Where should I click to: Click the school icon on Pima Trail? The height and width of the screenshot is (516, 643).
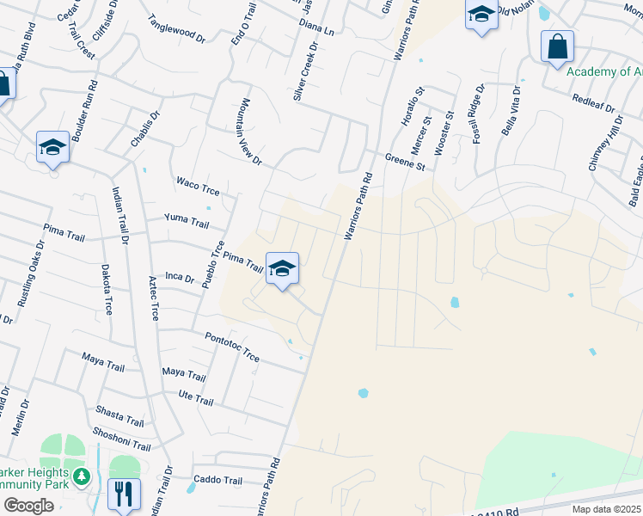click(282, 269)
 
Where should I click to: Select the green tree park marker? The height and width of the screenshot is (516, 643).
click(82, 476)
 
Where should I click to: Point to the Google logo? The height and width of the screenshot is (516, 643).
click(28, 506)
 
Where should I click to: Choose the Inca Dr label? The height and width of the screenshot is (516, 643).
click(179, 277)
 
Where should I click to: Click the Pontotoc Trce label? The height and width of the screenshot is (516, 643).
click(231, 347)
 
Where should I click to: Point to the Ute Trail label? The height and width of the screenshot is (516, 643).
click(195, 400)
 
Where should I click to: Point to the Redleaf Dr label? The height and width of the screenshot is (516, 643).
click(593, 102)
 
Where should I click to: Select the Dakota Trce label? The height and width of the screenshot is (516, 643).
click(107, 288)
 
